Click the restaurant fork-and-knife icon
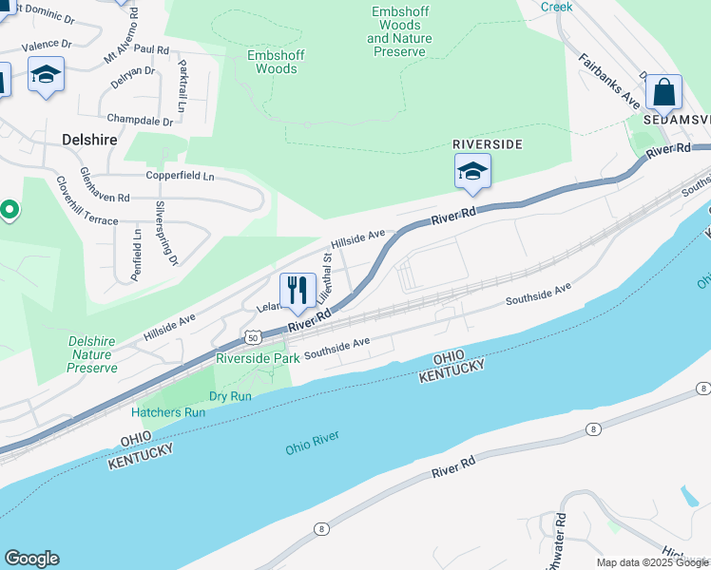[298, 290]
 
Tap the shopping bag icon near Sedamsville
[663, 93]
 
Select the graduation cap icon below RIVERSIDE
[471, 173]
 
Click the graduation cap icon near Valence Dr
[46, 75]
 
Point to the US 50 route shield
[251, 337]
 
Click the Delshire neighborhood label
[89, 139]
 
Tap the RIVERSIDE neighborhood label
[487, 143]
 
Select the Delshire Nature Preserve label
[92, 354]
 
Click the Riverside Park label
[258, 358]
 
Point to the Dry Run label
[230, 395]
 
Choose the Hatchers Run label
[168, 412]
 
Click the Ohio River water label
[312, 442]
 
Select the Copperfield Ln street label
[180, 176]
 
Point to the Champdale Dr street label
[140, 121]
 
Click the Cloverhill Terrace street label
[86, 200]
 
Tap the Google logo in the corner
[31, 559]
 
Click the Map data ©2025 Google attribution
[652, 562]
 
